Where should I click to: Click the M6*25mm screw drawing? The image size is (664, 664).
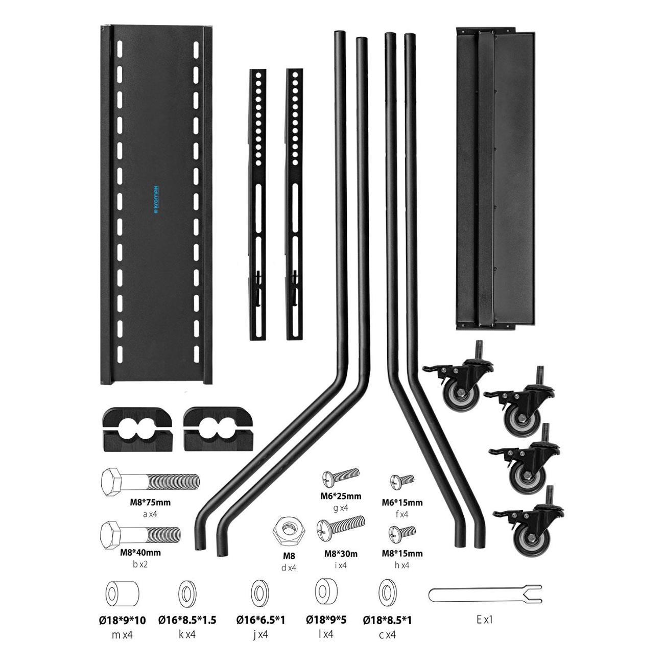[x=341, y=477]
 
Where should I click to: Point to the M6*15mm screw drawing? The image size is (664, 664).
[x=402, y=481]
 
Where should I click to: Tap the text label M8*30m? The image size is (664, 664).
[x=341, y=554]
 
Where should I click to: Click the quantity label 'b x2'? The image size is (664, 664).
[x=140, y=564]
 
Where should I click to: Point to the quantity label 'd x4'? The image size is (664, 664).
[x=289, y=567]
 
